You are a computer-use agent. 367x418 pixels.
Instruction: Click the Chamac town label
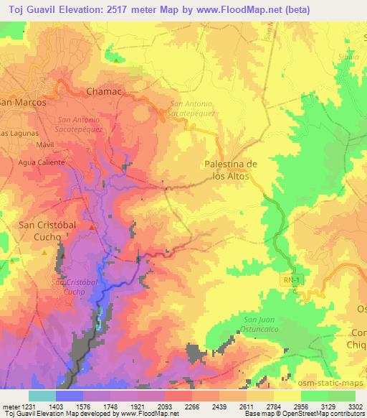click(x=104, y=92)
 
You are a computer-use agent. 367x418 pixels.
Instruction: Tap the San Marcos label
click(x=23, y=103)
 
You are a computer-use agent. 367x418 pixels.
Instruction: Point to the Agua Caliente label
click(x=42, y=162)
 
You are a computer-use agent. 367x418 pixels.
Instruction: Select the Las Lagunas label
click(x=16, y=134)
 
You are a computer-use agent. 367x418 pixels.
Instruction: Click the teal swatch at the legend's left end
click(x=42, y=395)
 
